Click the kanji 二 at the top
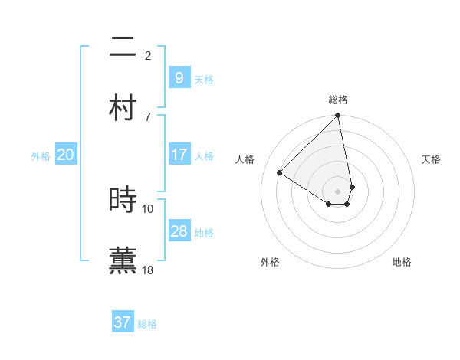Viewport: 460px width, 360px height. [x=123, y=48]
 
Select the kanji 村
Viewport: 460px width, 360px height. [x=123, y=108]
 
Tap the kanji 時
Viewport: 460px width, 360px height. [x=123, y=200]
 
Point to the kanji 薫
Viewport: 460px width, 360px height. [x=123, y=260]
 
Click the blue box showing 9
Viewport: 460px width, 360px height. [x=179, y=78]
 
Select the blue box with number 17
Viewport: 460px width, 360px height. [x=179, y=155]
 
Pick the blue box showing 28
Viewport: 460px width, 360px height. [x=179, y=231]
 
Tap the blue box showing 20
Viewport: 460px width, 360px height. [x=66, y=155]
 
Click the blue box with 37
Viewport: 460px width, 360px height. [x=123, y=322]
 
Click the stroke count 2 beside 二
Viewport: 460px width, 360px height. [x=148, y=55]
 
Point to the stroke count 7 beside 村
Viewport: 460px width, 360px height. [x=148, y=116]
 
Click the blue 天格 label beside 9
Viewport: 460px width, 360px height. [x=204, y=79]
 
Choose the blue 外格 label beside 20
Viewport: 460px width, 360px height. [x=41, y=155]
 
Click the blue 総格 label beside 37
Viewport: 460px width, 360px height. [x=147, y=323]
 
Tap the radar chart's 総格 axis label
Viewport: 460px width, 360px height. [x=338, y=100]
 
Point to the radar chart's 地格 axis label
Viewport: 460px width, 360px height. [x=402, y=262]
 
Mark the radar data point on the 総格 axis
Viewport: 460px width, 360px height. [x=337, y=116]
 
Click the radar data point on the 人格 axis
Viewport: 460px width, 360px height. [x=280, y=173]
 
